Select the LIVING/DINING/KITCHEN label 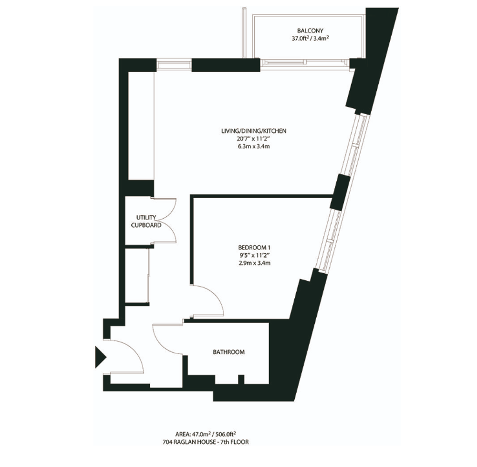pyautogui.click(x=254, y=131)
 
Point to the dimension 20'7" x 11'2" pyautogui.click(x=254, y=139)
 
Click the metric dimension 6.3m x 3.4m pyautogui.click(x=254, y=147)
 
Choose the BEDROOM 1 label pyautogui.click(x=254, y=247)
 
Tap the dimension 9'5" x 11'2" pyautogui.click(x=254, y=255)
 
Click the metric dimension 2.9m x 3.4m pyautogui.click(x=254, y=263)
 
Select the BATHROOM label pyautogui.click(x=229, y=352)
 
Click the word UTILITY pyautogui.click(x=146, y=218)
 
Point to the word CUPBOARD pyautogui.click(x=146, y=225)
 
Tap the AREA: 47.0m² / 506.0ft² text pyautogui.click(x=206, y=434)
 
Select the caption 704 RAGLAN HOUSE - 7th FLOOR pyautogui.click(x=206, y=442)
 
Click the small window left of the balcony pyautogui.click(x=174, y=65)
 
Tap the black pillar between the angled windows pyautogui.click(x=340, y=192)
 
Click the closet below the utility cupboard pyautogui.click(x=137, y=276)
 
